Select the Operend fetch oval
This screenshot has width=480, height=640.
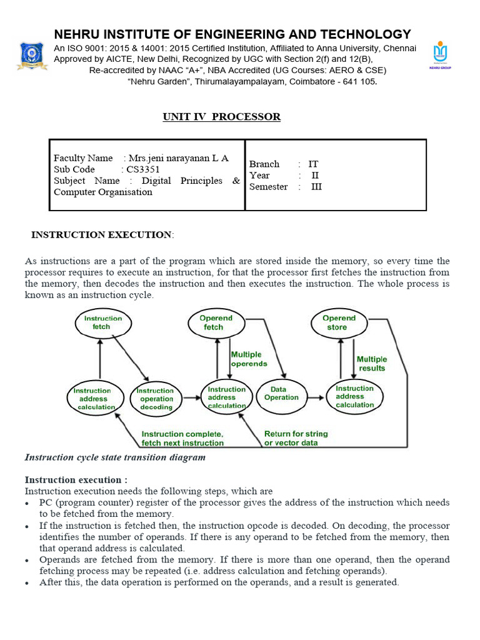point(216,322)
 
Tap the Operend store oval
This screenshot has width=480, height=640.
point(339,322)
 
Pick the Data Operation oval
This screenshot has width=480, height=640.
point(281,393)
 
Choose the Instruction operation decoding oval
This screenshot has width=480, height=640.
point(156,398)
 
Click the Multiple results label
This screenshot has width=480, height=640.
point(372,364)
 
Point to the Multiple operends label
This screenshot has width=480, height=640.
point(249,359)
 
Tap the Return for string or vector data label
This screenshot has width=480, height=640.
point(296,438)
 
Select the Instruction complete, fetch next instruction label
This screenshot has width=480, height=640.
point(182,438)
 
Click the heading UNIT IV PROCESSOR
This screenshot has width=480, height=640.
point(221,117)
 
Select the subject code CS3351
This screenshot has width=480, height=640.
point(143,169)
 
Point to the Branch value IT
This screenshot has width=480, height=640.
point(313,164)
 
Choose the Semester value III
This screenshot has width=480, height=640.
point(316,186)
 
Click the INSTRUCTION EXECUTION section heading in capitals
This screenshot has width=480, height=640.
point(101,235)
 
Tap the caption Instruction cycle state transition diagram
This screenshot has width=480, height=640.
point(115,457)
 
